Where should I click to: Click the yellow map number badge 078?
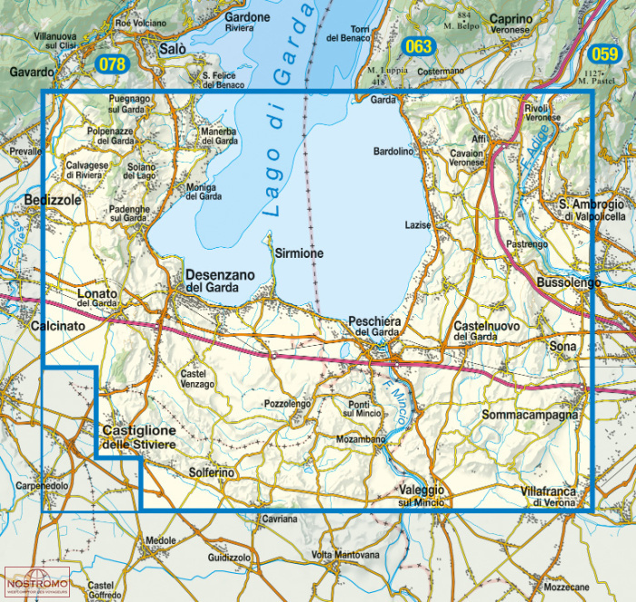click(113, 64)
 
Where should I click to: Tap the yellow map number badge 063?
click(418, 46)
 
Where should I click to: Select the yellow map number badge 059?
click(604, 53)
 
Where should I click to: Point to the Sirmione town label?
click(299, 254)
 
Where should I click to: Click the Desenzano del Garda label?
click(212, 281)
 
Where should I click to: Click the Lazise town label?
click(417, 224)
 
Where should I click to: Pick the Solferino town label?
click(212, 473)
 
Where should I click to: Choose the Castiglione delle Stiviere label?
click(138, 437)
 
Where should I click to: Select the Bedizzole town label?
click(54, 199)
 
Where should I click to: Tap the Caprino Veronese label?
click(522, 24)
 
